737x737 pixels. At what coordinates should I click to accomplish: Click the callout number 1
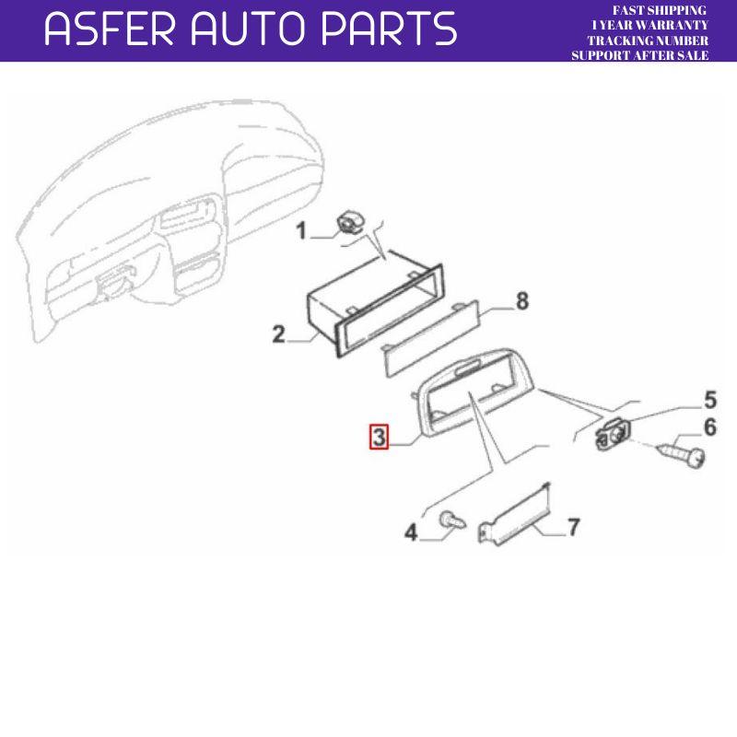(x=300, y=230)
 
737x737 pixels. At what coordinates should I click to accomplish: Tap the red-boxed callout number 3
(x=378, y=436)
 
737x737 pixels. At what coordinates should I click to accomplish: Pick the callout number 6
(x=709, y=427)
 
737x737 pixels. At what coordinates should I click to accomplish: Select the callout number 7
(x=572, y=527)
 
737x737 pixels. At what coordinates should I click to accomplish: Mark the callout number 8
(x=521, y=301)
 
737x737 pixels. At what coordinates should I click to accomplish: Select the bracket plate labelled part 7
(x=518, y=516)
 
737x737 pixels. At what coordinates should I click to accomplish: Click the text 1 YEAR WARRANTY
(x=649, y=26)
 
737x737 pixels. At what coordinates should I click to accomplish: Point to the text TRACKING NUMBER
(x=648, y=41)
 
